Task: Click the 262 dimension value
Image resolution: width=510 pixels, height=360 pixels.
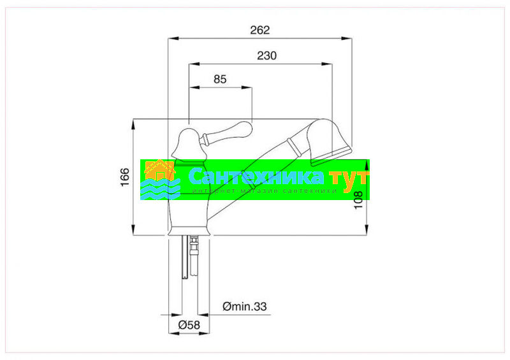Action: (x=260, y=30)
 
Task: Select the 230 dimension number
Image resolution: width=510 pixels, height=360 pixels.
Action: (x=266, y=55)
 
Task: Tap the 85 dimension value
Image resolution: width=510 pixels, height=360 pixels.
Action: (x=220, y=79)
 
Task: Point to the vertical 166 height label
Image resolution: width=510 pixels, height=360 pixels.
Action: (x=125, y=177)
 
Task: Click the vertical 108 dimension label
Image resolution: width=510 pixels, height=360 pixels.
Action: (x=358, y=200)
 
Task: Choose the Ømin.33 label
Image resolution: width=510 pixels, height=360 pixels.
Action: (x=245, y=306)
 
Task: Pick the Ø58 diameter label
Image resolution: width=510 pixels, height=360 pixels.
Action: (x=189, y=324)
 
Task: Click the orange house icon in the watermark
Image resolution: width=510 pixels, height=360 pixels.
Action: (x=160, y=171)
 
